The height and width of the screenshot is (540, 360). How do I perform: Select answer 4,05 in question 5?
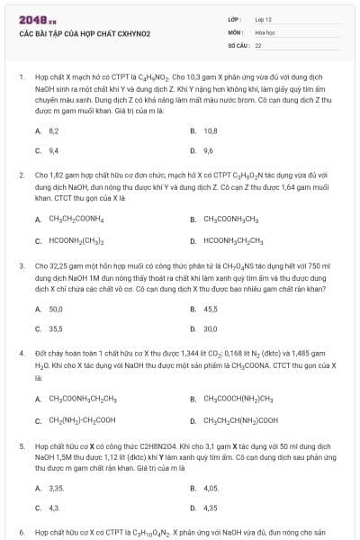click(211, 487)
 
